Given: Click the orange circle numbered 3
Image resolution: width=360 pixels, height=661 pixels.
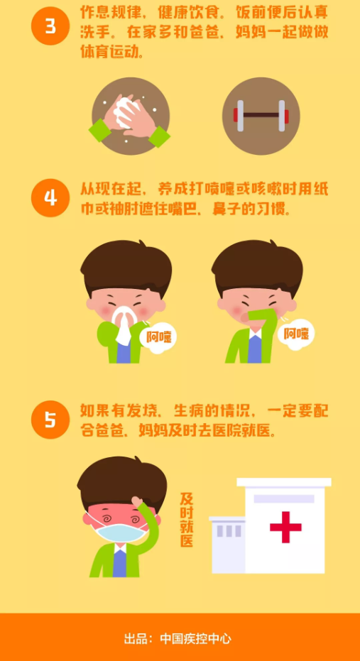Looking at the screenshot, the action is (50, 26).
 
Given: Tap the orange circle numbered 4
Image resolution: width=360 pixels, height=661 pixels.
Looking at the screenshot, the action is (50, 197).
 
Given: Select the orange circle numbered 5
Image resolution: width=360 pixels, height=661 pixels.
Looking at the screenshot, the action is (50, 420).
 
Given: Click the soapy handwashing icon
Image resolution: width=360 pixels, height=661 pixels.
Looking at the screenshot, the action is (131, 116).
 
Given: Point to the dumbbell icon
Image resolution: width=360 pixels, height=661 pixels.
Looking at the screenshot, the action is (261, 116).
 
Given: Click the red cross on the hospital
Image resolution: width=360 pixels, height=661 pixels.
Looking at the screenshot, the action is (285, 527).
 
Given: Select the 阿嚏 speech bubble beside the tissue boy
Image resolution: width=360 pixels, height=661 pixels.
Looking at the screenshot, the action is (158, 337).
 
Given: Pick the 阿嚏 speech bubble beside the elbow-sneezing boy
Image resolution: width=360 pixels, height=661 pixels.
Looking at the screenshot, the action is (296, 334).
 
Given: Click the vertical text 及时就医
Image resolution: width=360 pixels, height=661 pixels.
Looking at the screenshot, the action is (186, 520).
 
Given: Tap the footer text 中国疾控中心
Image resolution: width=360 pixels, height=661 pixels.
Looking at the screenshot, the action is (195, 639).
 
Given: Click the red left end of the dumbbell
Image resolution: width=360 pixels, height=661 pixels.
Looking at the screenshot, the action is (235, 115).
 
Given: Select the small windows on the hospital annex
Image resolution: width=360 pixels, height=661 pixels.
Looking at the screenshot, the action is (229, 531).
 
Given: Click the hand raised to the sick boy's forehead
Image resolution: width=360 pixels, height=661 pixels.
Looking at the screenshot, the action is (139, 503).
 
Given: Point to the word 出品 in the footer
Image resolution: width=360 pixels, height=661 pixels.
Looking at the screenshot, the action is (135, 639).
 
